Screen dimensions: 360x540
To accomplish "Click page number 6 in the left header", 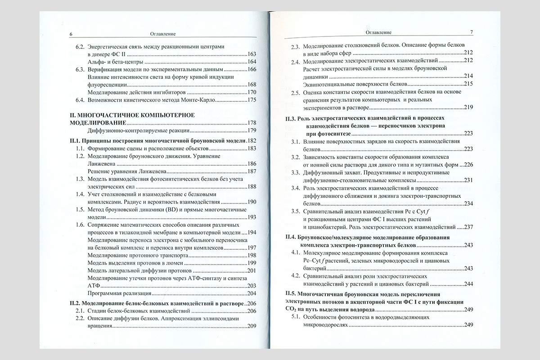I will coord(71,34).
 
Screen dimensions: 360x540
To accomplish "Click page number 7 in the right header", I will coord(471,32).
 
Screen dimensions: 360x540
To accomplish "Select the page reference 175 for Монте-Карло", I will coord(252,99).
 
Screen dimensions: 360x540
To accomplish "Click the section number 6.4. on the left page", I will coord(80,99).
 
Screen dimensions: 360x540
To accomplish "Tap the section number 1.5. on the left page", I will coord(80,210).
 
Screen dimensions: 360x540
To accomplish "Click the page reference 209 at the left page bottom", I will coord(252,326).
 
